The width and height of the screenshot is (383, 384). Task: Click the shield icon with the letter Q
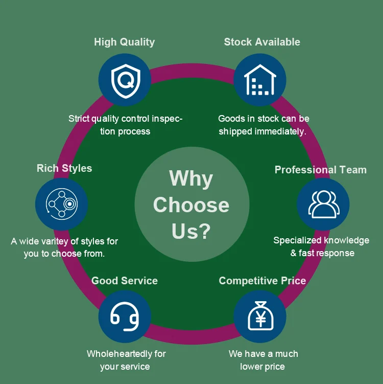click(125, 80)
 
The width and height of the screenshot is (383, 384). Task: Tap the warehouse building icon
click(260, 80)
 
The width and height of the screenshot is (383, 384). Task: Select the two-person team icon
click(323, 204)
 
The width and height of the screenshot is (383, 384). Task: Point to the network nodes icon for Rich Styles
click(62, 204)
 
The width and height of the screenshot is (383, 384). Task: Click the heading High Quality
click(124, 42)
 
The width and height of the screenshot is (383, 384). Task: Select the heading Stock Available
click(262, 42)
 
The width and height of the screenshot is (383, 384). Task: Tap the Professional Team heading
click(321, 170)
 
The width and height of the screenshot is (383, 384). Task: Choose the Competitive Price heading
click(262, 281)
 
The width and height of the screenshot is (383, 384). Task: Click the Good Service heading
click(125, 281)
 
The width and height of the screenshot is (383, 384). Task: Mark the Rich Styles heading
click(64, 168)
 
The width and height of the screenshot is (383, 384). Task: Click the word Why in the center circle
click(191, 178)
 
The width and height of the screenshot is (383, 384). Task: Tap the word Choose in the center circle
click(191, 205)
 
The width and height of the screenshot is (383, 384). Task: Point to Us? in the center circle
click(191, 231)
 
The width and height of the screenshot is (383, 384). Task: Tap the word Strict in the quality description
click(79, 119)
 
